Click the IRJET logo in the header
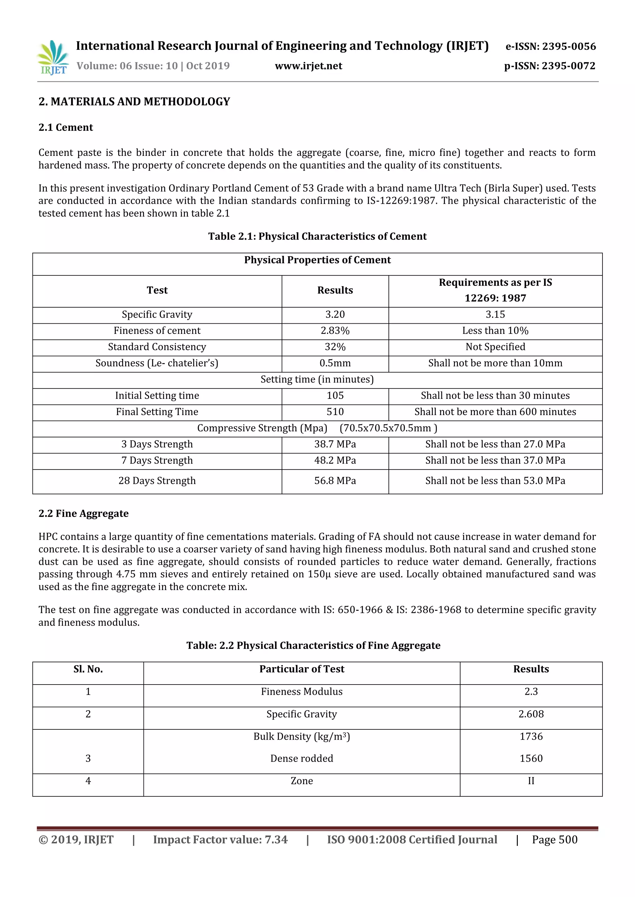[x=53, y=57]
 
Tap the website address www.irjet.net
[x=308, y=66]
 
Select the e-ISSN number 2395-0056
[x=551, y=46]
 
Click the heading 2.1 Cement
[x=66, y=127]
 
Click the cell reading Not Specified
[x=495, y=347]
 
